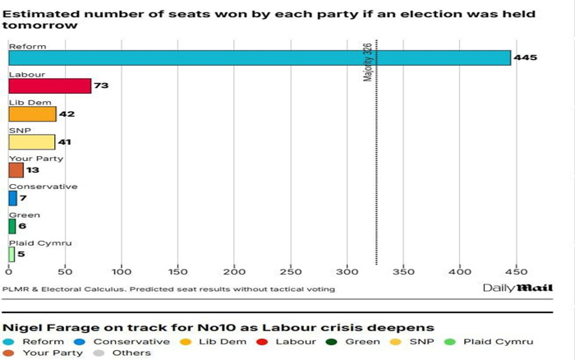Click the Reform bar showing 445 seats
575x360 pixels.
point(259,58)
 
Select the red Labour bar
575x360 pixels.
point(49,86)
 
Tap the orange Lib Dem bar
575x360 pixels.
point(32,114)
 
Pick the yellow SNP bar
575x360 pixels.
point(31,142)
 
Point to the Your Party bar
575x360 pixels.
point(16,170)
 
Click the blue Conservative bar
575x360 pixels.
point(12,198)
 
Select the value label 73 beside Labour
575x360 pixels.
point(101,86)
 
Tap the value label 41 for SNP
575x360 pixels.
point(64,142)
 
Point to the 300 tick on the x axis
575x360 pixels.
point(347,270)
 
